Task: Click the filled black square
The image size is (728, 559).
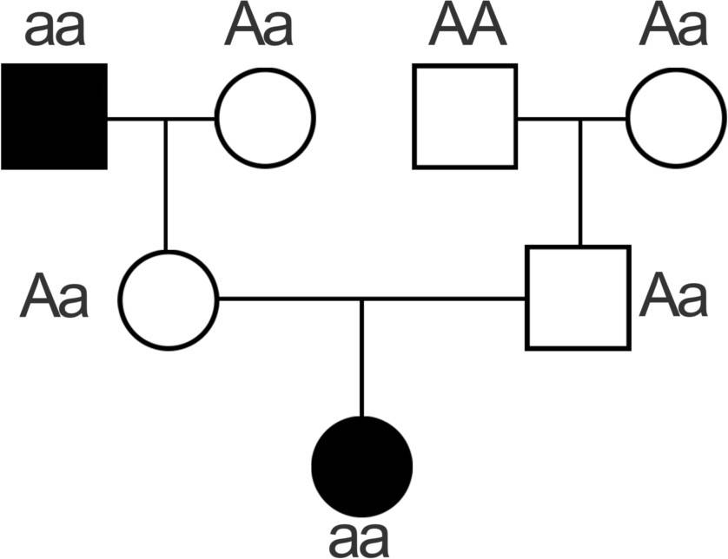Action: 54,116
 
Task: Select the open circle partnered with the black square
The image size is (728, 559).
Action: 265,117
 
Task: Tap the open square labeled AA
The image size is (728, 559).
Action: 465,116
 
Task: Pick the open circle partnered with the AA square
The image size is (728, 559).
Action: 676,117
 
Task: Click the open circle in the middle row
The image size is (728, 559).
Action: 168,300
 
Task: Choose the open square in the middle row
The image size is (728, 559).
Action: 578,298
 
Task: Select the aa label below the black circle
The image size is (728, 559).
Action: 360,539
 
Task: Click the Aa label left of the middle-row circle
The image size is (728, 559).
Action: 55,297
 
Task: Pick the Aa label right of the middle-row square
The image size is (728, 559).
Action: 673,297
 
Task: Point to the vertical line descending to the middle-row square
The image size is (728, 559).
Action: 579,182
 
